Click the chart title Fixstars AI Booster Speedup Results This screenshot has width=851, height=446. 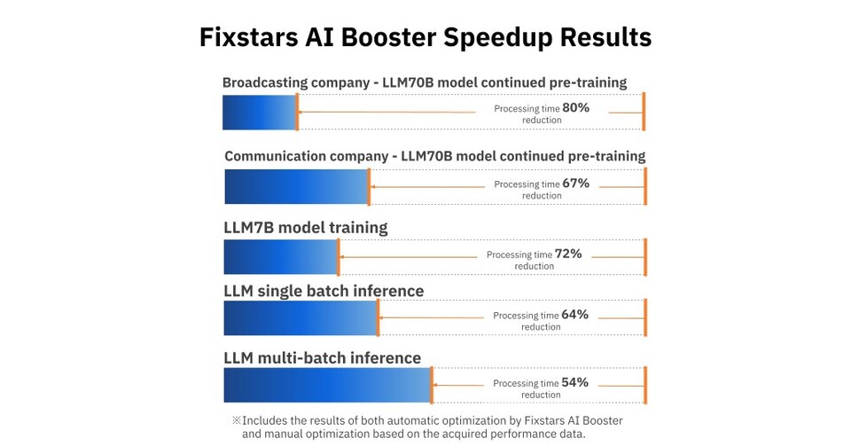(x=425, y=37)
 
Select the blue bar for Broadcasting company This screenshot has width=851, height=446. (x=259, y=112)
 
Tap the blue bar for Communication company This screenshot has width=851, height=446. (x=296, y=186)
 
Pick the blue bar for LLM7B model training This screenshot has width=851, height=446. (x=280, y=257)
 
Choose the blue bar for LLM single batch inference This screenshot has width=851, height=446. (x=301, y=317)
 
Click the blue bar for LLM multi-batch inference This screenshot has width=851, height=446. (x=326, y=386)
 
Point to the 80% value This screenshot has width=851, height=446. (x=575, y=107)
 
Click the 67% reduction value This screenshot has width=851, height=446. (x=575, y=184)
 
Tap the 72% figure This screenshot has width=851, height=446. (x=568, y=254)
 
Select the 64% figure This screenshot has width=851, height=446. (x=574, y=314)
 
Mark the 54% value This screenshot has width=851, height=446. (x=574, y=382)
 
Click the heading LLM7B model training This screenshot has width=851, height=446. (x=306, y=228)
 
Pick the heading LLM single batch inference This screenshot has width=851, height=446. (x=324, y=291)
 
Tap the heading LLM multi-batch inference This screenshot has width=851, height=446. (x=322, y=358)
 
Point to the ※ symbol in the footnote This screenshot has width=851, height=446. (x=236, y=420)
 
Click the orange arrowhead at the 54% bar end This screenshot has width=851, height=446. (x=436, y=386)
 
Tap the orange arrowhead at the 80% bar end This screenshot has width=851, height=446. (x=302, y=112)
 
